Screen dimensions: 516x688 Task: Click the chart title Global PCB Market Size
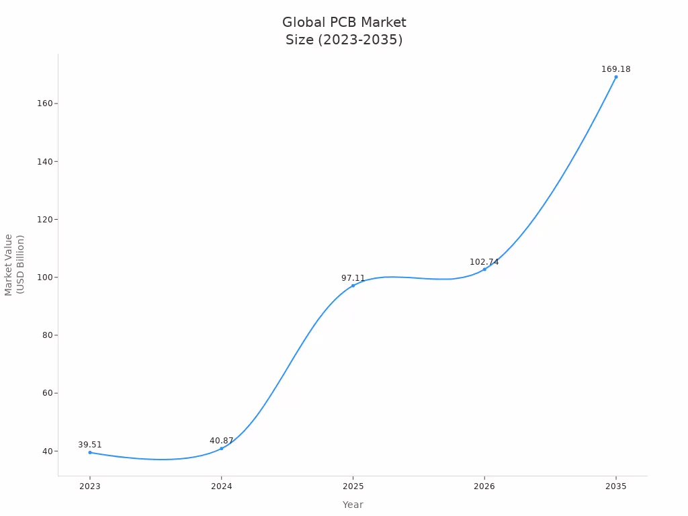(344, 31)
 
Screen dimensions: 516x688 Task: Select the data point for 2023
(90, 452)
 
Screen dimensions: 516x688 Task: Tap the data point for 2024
(222, 448)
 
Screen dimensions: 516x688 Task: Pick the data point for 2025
(353, 286)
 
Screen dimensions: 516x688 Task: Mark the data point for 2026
(484, 269)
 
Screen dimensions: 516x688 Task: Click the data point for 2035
(615, 77)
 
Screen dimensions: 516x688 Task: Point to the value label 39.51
(90, 445)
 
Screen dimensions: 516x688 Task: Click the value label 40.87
(222, 441)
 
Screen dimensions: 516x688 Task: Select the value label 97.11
(353, 278)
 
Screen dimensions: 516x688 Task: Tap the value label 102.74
(484, 262)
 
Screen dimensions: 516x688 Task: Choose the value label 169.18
(615, 69)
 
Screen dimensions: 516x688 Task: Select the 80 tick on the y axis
(49, 335)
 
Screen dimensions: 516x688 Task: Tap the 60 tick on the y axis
(49, 393)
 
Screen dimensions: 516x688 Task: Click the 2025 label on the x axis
(353, 485)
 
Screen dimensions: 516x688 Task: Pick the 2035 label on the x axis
(615, 485)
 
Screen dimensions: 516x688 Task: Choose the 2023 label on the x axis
(90, 485)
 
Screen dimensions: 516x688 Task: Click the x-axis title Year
(353, 505)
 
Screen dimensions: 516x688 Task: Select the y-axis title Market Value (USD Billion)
(14, 264)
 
